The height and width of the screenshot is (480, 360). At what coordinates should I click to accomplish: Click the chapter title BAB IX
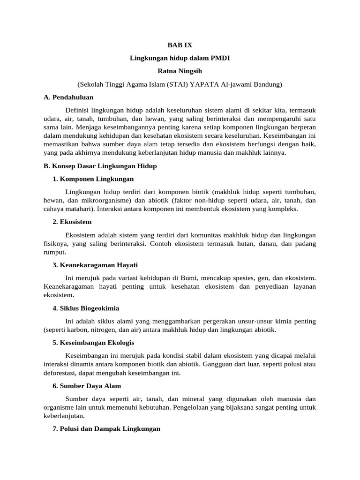tap(180, 45)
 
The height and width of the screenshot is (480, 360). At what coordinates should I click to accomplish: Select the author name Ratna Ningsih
tap(180, 71)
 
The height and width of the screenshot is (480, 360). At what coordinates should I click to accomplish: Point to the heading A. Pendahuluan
tap(68, 97)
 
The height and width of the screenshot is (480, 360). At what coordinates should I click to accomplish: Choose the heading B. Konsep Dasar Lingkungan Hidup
tap(100, 166)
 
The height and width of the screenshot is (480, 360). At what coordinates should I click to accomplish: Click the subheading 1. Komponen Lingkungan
tap(93, 179)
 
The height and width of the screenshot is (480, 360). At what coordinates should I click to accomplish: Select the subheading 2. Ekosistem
tap(72, 221)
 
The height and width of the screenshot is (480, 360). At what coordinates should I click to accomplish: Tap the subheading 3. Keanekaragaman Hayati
tap(95, 265)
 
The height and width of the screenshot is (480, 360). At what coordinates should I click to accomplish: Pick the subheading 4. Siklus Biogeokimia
tap(86, 308)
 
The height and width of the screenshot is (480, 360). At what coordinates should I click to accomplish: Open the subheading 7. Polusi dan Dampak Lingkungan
tap(106, 429)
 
